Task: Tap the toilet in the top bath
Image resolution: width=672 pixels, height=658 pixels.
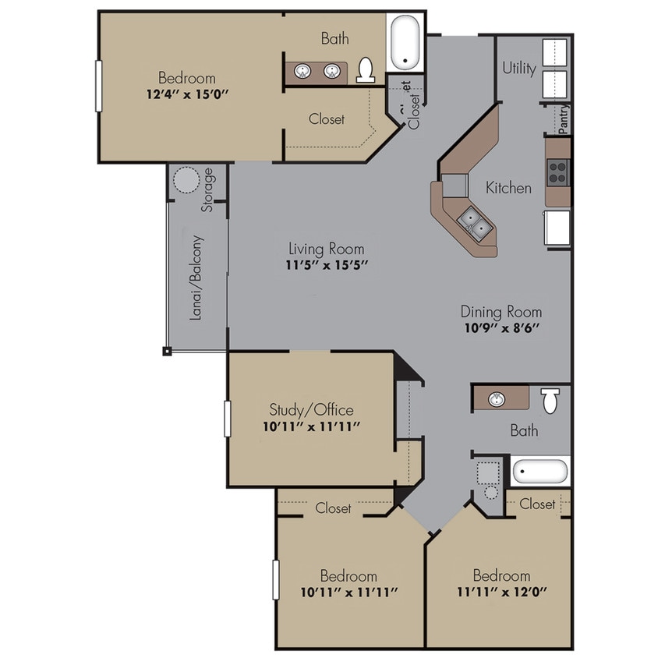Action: (366, 71)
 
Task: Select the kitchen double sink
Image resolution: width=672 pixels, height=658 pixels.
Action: (475, 225)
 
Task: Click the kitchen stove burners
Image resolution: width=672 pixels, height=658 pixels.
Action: (558, 171)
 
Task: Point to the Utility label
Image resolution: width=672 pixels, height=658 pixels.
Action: (519, 69)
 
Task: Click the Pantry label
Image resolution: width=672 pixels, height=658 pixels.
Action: (564, 120)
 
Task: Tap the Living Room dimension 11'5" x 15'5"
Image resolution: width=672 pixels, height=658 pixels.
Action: (327, 265)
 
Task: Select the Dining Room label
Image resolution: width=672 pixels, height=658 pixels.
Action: (500, 312)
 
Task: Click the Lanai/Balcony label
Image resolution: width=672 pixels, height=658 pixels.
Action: (197, 278)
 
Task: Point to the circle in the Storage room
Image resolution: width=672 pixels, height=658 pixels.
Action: (186, 182)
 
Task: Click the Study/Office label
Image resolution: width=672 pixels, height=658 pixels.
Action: (311, 410)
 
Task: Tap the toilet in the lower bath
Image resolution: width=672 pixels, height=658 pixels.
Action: (551, 400)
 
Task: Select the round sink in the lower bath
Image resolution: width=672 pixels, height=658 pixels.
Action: (497, 399)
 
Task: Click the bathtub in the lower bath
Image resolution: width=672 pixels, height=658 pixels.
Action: (540, 472)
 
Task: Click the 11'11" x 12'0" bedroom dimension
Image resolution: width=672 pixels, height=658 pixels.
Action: (501, 592)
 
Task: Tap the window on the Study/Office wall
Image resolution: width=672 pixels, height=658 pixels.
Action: (228, 419)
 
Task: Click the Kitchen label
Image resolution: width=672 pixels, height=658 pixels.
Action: (508, 188)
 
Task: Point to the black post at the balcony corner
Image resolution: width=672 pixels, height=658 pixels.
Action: (167, 352)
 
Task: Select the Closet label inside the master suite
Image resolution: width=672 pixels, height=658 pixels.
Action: (327, 119)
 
